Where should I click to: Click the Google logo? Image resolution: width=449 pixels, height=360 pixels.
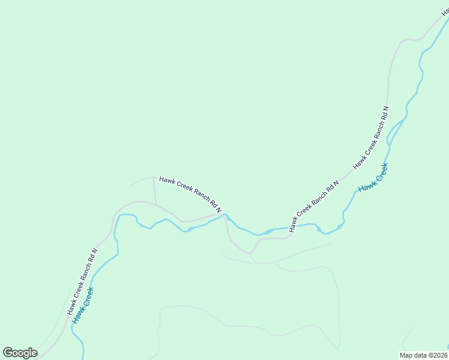point(20,353)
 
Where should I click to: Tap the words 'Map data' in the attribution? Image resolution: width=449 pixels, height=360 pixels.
point(413,355)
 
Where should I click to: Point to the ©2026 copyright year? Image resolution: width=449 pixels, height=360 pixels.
point(438,355)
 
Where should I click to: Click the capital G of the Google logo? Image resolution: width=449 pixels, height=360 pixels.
point(8,352)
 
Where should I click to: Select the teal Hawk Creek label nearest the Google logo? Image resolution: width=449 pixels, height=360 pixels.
point(83,306)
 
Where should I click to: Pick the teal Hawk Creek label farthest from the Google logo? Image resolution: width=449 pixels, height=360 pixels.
point(373,178)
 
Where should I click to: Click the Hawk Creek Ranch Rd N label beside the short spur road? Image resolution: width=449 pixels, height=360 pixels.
point(190,194)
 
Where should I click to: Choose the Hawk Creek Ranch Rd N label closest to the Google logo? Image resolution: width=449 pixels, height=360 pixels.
point(82,282)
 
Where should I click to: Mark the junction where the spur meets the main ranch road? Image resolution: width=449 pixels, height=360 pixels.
point(155,205)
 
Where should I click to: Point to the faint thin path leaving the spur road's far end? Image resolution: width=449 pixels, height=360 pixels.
point(141,180)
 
